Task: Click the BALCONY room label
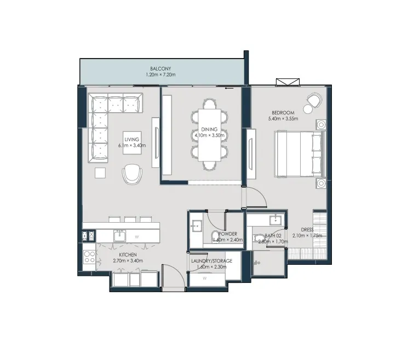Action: [160, 68]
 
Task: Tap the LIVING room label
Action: [131, 139]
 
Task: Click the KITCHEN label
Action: [128, 255]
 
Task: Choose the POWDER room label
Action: [227, 234]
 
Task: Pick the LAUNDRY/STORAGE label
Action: [211, 261]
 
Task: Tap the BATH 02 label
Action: [266, 235]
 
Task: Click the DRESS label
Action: [307, 230]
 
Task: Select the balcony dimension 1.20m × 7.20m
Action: [160, 74]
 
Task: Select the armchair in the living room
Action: [131, 174]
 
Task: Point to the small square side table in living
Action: [100, 173]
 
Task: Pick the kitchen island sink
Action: [119, 236]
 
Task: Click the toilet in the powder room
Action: [216, 236]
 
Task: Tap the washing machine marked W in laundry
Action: [205, 278]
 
